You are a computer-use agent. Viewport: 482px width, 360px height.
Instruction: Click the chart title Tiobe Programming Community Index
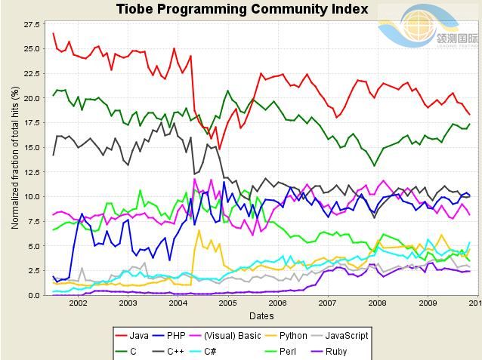242,9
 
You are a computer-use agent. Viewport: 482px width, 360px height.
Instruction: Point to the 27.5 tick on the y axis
32,25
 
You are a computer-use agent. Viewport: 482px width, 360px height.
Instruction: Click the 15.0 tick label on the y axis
32,147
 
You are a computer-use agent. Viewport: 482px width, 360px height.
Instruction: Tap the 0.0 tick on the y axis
34,295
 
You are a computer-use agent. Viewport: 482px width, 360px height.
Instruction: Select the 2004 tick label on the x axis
178,303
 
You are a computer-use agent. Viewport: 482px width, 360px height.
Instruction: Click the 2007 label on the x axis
327,303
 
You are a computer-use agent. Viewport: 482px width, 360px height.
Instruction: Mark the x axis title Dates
262,315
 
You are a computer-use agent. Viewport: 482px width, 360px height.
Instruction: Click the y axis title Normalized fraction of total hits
15,157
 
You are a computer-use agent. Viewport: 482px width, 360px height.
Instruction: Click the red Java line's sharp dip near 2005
219,149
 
